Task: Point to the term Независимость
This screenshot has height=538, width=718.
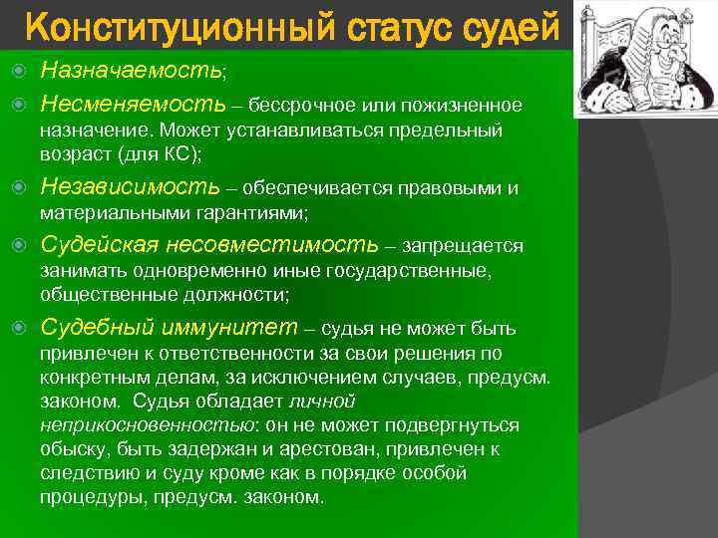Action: (x=130, y=187)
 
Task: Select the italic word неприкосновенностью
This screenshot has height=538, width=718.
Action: (x=147, y=425)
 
